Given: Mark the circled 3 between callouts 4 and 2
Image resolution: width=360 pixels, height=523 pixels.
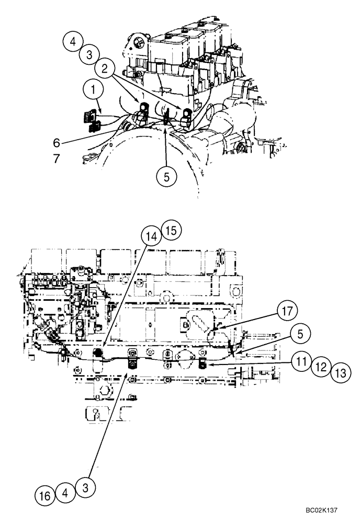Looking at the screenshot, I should (x=89, y=54).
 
